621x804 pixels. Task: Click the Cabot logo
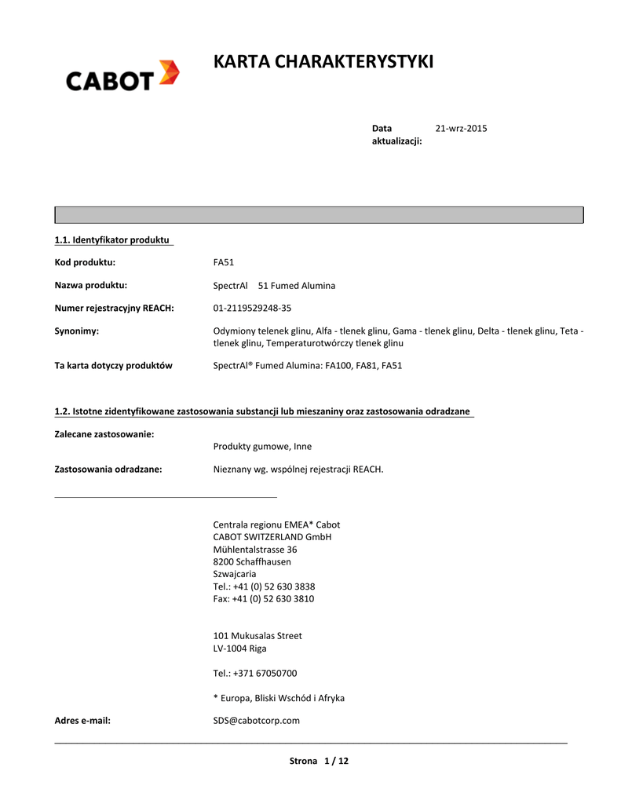pyautogui.click(x=122, y=77)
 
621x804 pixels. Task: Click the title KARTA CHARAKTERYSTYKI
pyautogui.click(x=323, y=62)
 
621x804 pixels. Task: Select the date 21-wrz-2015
pyautogui.click(x=461, y=128)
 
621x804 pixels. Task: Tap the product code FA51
pyautogui.click(x=224, y=262)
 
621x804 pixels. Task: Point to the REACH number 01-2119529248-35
pyautogui.click(x=252, y=308)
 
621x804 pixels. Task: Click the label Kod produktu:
pyautogui.click(x=85, y=262)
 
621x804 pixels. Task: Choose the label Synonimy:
pyautogui.click(x=76, y=331)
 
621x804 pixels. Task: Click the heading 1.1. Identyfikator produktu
pyautogui.click(x=112, y=239)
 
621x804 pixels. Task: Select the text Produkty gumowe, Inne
pyautogui.click(x=262, y=446)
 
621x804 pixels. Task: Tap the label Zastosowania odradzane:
pyautogui.click(x=108, y=470)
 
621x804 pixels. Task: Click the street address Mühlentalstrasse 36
pyautogui.click(x=255, y=550)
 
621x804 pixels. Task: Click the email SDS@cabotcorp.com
pyautogui.click(x=256, y=720)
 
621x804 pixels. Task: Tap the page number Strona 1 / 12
pyautogui.click(x=319, y=761)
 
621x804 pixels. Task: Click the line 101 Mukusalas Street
pyautogui.click(x=258, y=635)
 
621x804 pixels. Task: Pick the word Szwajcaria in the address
pyautogui.click(x=235, y=574)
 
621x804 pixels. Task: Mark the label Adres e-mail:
pyautogui.click(x=82, y=720)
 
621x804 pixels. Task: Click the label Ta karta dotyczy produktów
pyautogui.click(x=113, y=365)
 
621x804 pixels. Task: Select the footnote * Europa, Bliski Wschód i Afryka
pyautogui.click(x=279, y=698)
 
